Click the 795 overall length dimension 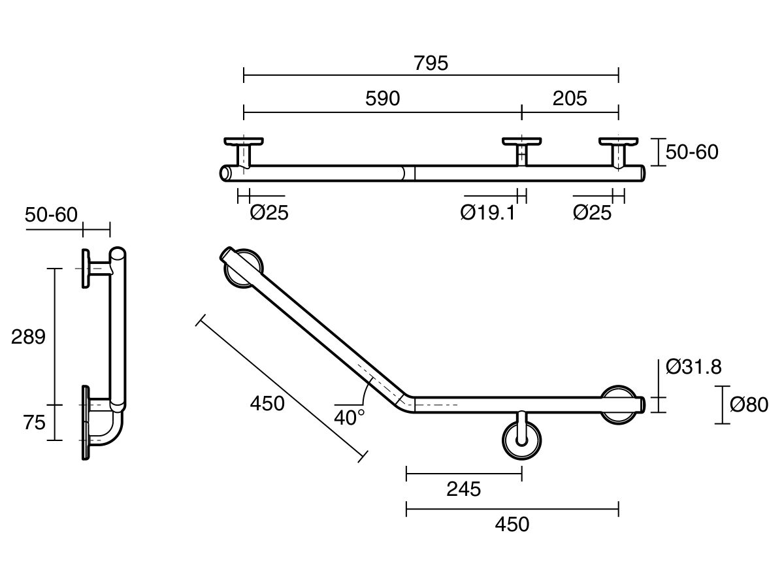point(431,63)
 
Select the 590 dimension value point(382,99)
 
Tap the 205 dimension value point(570,99)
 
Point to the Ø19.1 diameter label point(487,212)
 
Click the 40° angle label point(350,417)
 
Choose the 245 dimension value point(463,489)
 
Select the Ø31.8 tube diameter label point(694,367)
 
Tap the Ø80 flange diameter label point(749,405)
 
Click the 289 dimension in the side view point(28,337)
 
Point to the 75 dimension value point(34,423)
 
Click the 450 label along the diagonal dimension point(267,404)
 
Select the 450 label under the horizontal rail point(512,524)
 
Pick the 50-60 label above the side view point(51,214)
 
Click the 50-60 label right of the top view point(692,152)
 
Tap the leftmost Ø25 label point(269,212)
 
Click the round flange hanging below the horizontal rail point(521,441)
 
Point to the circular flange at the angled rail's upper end point(244,268)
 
